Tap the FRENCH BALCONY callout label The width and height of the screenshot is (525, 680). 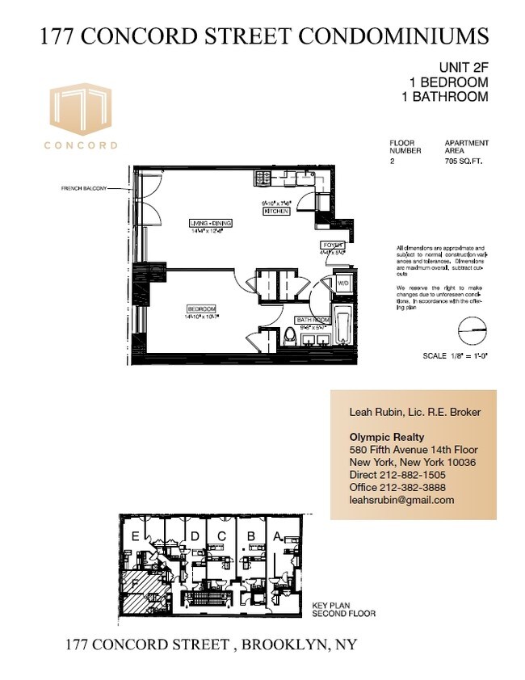85,189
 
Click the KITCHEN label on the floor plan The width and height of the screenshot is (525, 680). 275,210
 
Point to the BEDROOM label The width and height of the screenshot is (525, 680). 202,309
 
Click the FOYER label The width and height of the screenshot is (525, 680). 333,245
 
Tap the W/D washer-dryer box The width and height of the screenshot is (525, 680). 342,283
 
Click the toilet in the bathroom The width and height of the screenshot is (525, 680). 290,335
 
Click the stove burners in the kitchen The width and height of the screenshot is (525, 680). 262,178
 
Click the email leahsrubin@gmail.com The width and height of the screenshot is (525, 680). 401,500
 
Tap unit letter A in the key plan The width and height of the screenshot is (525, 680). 277,535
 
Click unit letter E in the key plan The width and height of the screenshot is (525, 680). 134,535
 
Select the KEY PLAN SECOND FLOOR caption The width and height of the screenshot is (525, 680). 343,609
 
